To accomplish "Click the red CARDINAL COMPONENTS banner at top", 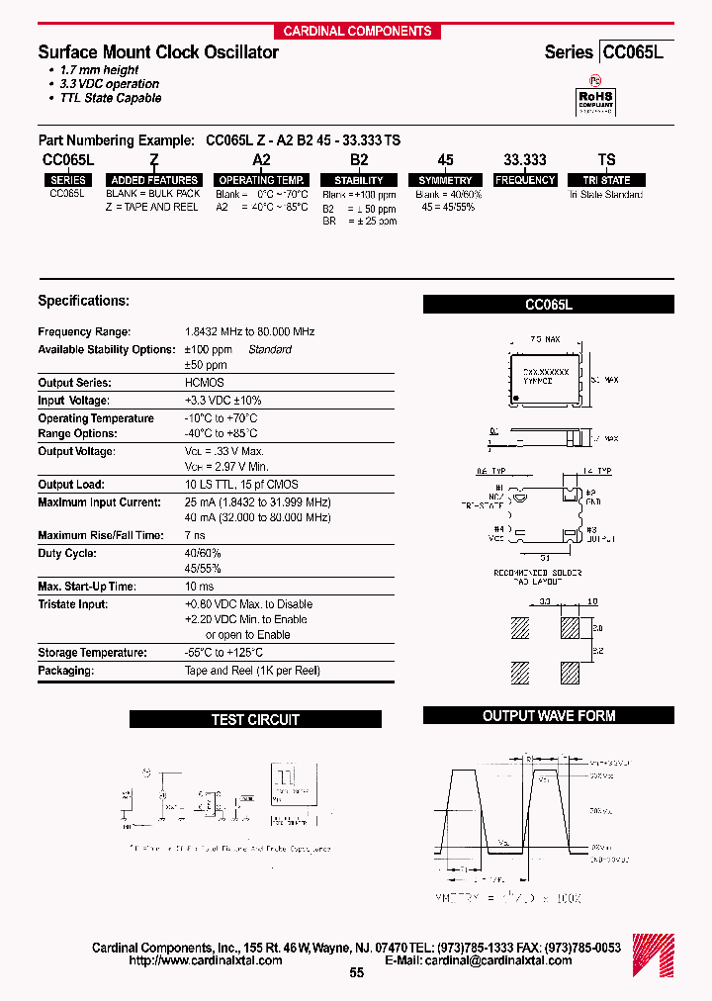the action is pos(357,31).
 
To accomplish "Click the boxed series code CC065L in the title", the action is pos(633,52).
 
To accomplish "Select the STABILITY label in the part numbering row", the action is pos(359,180).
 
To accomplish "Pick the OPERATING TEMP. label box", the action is pos(261,180).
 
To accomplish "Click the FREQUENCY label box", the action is pos(525,180).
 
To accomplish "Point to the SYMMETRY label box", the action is pos(445,180).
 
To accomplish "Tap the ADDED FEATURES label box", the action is pos(155,180).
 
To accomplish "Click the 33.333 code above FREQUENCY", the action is pos(524,159).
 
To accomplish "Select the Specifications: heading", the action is pos(83,301).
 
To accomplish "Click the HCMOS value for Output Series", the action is pos(205,383).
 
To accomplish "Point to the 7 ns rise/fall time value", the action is pos(195,535).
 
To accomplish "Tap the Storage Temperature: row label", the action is pos(92,653).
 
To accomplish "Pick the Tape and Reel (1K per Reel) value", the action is pos(252,671).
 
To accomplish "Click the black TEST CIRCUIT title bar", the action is pos(255,720).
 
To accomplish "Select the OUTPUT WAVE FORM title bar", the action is pos(548,716).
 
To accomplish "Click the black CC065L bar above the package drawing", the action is pos(548,306).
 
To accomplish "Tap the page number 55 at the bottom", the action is pos(357,973).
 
